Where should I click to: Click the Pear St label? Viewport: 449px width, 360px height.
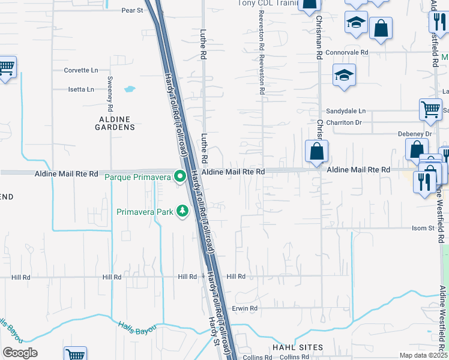[132, 10]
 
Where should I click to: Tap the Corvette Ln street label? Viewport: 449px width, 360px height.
[80, 70]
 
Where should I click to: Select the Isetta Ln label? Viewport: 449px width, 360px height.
[81, 89]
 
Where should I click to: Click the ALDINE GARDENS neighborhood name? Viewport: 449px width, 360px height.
[116, 123]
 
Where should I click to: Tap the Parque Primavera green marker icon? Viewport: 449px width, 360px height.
[179, 176]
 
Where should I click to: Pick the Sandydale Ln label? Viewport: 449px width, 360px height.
[345, 111]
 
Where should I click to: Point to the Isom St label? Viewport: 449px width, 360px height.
[423, 228]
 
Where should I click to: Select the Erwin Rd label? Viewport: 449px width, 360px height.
[245, 308]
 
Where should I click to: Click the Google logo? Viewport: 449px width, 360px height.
[20, 353]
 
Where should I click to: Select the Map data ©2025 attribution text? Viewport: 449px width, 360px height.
[423, 355]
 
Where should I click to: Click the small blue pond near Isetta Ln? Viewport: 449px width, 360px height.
[130, 90]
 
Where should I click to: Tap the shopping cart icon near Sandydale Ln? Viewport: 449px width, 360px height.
[430, 109]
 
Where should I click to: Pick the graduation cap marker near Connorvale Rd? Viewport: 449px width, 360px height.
[345, 76]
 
